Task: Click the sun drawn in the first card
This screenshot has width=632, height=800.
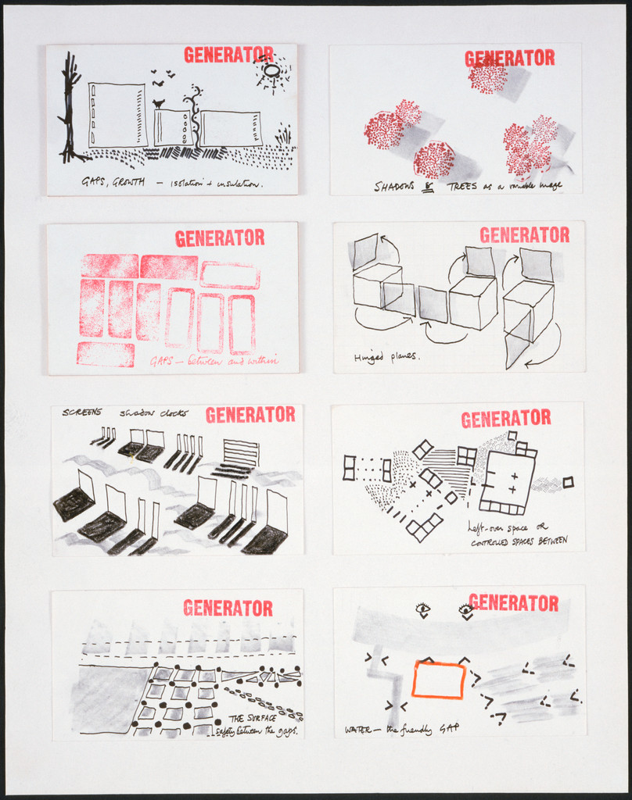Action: [271, 71]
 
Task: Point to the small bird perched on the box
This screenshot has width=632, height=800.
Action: [159, 103]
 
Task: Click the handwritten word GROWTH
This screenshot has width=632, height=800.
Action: [127, 183]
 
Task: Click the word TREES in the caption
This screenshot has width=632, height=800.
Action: [462, 186]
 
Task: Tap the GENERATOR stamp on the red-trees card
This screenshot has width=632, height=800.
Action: [509, 58]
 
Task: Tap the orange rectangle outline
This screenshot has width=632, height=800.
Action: [439, 679]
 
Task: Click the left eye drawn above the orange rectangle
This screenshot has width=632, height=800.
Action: [423, 609]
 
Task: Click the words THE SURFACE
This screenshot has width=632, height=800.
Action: [251, 718]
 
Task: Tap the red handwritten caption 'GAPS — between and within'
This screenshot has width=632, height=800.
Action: [214, 361]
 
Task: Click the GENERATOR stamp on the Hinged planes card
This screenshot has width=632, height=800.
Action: [524, 235]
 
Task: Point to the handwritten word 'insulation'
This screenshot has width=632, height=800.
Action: [237, 184]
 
